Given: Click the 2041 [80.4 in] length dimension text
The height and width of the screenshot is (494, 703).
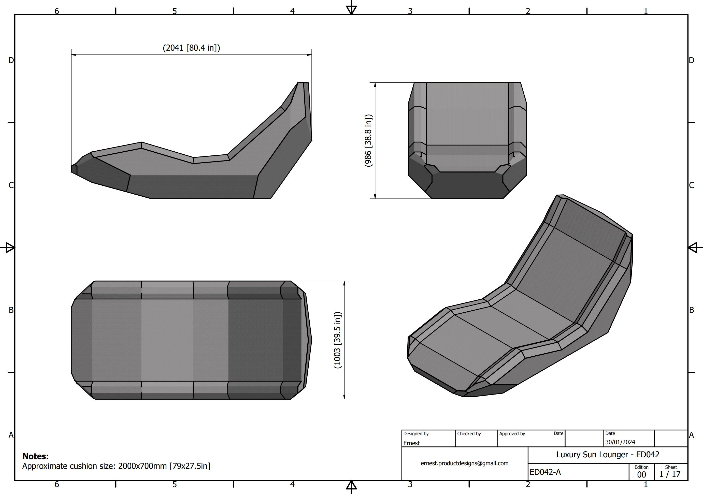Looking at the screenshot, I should tap(191, 48).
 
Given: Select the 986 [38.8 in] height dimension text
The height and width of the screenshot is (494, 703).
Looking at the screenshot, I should tap(368, 140).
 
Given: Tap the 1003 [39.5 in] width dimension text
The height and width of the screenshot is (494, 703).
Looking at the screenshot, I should tap(337, 340).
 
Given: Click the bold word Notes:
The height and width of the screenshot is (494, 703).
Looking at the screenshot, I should tap(36, 456).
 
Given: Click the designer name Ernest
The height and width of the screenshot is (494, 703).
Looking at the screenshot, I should tap(411, 443).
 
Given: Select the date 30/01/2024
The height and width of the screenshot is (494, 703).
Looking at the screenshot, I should tap(620, 442).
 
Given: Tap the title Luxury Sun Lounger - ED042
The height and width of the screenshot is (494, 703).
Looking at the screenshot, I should tap(608, 455).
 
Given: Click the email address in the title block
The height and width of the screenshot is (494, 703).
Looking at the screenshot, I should tap(465, 463).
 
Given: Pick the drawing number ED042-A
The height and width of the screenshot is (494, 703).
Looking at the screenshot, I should tap(545, 472).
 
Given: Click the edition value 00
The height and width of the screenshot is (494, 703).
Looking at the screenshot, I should tap(641, 474).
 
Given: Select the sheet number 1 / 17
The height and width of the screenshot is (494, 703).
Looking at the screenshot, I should tap(670, 474).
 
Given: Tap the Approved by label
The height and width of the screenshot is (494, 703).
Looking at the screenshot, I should tap(512, 433).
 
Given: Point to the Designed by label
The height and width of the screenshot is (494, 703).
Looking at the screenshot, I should tap(416, 433).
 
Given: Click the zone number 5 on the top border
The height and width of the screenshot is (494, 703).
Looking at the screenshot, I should tap(175, 11).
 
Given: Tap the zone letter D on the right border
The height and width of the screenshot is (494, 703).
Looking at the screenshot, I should tap(691, 60).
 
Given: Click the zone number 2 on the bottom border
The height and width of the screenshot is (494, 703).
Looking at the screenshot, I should tap(528, 484).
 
